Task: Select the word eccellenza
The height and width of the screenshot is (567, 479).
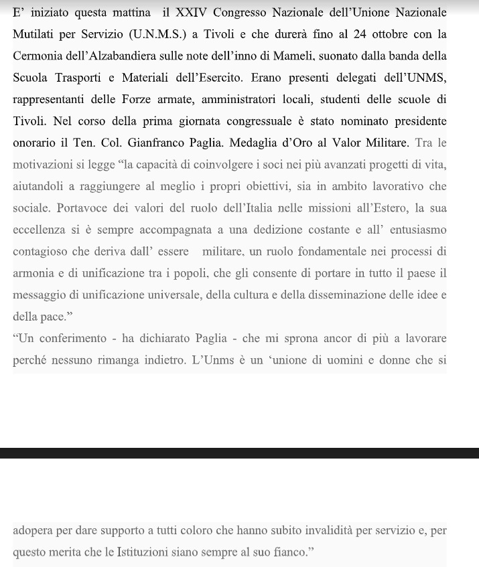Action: [x=41, y=230]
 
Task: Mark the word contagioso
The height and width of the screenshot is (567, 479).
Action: [x=42, y=252]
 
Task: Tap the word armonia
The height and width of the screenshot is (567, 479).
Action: [x=32, y=273]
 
